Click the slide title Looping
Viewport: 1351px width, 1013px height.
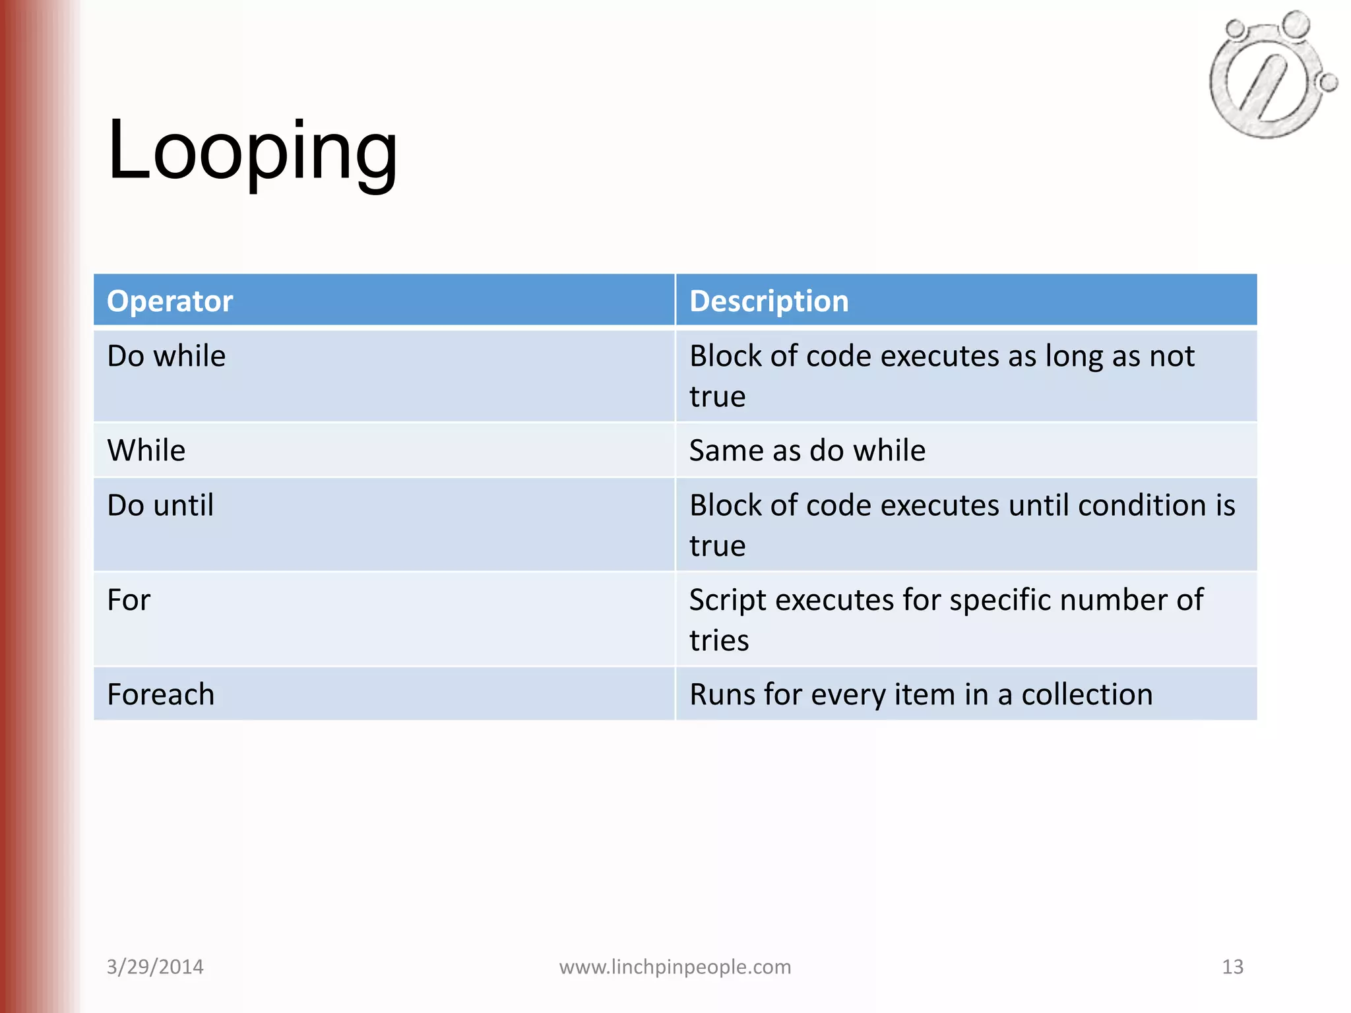252,151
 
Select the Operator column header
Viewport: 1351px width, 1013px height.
170,301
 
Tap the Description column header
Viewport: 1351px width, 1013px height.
769,301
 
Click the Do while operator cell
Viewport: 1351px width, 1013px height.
166,356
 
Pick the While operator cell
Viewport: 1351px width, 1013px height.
146,450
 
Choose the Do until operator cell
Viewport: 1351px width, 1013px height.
160,505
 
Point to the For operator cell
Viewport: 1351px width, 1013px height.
129,600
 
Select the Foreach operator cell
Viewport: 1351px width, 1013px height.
160,694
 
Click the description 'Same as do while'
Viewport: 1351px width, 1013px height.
807,450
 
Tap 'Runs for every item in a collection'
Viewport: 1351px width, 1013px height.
921,694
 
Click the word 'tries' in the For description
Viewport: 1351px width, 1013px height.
719,640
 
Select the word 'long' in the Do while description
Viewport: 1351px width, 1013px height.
1074,357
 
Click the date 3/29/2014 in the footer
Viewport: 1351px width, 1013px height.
155,967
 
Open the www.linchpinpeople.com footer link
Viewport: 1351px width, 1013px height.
675,967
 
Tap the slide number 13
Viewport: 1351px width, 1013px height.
1232,967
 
